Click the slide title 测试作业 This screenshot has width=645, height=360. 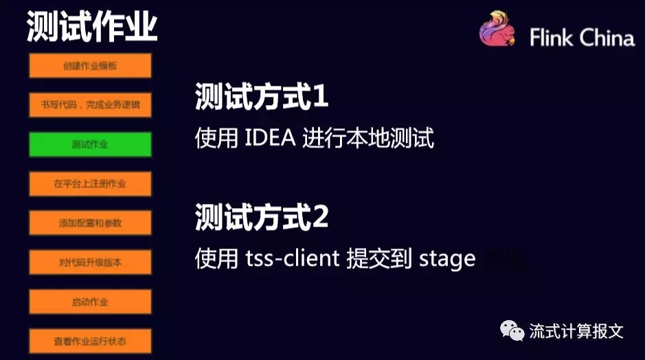point(92,27)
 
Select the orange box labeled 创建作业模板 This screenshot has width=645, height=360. point(90,66)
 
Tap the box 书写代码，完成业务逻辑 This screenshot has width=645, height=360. point(90,105)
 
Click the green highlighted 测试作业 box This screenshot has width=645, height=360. point(90,144)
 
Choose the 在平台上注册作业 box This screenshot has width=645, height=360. point(90,183)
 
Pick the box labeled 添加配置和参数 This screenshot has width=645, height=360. point(90,223)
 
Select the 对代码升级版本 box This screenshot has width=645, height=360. point(90,262)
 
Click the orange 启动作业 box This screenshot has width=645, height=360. point(90,302)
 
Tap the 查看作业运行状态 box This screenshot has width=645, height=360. point(90,341)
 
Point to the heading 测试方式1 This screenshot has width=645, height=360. point(261,98)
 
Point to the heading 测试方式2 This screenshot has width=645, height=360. point(261,218)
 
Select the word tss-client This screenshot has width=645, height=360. point(293,258)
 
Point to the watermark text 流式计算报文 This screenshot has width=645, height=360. point(576,331)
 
